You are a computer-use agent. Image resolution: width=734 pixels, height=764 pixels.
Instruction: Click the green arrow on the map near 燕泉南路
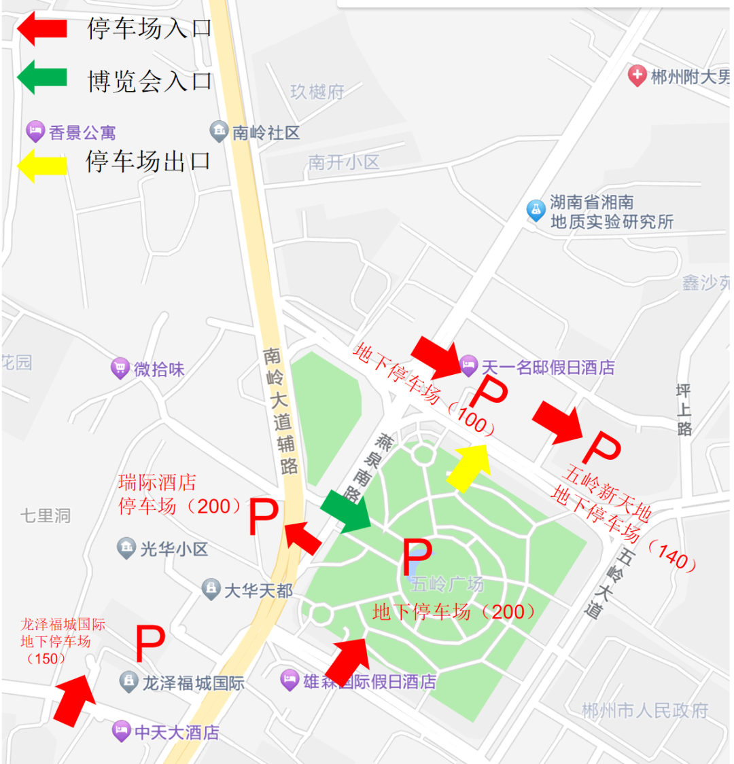click(347, 511)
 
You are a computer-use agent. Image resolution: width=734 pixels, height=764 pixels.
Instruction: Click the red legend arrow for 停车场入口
click(42, 29)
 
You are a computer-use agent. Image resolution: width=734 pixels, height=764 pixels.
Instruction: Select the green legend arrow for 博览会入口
click(42, 77)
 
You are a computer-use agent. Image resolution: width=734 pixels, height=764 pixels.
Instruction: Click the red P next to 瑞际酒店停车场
click(263, 517)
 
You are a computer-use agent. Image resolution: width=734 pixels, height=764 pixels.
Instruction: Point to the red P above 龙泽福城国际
click(150, 644)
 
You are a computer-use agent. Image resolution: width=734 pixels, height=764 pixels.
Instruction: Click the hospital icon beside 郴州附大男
click(637, 76)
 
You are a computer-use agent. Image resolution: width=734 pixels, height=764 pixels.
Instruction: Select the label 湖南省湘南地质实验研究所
click(610, 212)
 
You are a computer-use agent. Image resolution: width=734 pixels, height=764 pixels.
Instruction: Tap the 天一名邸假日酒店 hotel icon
click(468, 367)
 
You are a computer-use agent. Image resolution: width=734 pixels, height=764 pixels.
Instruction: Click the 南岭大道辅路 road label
click(279, 411)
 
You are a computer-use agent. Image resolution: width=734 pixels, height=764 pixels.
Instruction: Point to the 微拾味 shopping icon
click(120, 369)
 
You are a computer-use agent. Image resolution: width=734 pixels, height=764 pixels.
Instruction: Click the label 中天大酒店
click(177, 732)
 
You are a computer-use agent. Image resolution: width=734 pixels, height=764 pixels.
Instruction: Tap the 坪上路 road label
click(684, 410)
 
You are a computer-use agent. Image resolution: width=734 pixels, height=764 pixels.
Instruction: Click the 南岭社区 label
click(265, 132)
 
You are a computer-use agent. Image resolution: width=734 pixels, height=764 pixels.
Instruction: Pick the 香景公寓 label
click(82, 132)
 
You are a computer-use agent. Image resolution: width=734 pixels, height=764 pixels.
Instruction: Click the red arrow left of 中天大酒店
click(73, 699)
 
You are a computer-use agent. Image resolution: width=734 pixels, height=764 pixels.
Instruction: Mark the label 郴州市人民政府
click(644, 710)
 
